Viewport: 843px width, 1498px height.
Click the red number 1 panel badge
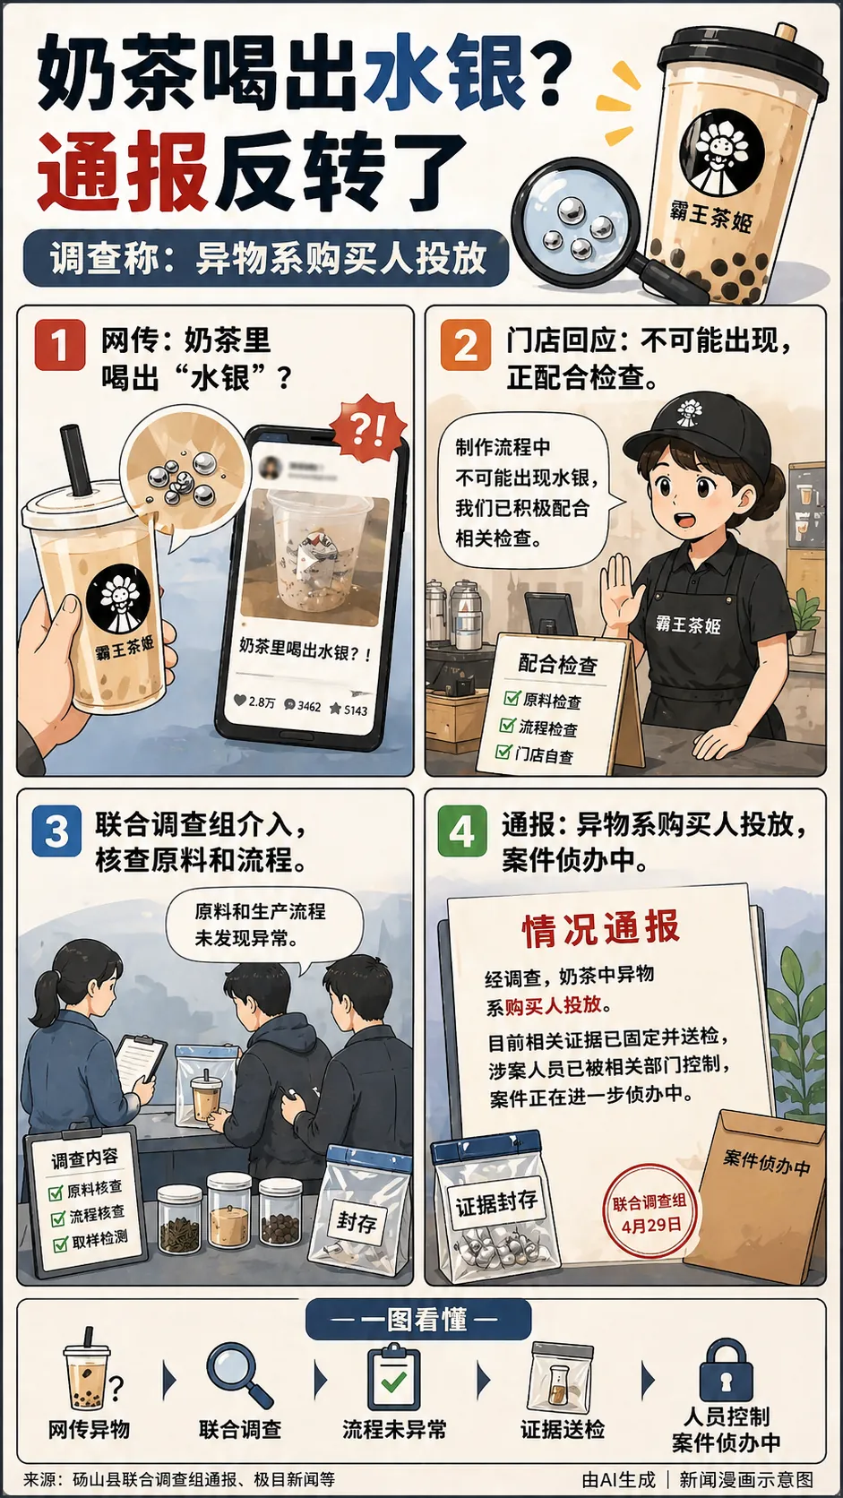(x=59, y=344)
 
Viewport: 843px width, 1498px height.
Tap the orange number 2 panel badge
(x=465, y=344)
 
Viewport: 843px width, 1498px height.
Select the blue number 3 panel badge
(x=56, y=831)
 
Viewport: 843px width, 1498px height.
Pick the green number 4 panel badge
(x=461, y=831)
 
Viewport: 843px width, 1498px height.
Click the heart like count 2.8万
(x=254, y=702)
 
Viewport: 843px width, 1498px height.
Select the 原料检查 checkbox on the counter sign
(x=512, y=698)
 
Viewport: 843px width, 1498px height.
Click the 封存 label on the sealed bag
(x=357, y=1221)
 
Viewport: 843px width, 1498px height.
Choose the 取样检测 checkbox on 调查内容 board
(x=61, y=1244)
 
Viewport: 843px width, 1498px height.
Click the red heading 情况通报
(x=601, y=929)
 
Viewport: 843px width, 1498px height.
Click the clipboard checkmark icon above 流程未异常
(x=393, y=1378)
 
